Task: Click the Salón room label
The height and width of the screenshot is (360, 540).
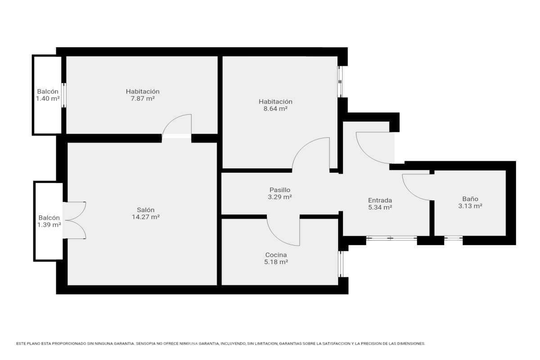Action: click(145, 210)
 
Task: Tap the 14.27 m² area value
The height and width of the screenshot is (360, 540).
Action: click(146, 217)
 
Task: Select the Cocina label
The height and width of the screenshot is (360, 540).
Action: click(276, 255)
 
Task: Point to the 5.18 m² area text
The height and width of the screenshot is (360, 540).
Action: click(276, 262)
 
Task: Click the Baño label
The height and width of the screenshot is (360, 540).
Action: click(470, 199)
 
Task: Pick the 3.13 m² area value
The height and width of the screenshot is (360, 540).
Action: click(470, 206)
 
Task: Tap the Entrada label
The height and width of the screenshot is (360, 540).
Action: click(380, 200)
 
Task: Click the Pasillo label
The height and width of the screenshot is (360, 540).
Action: click(279, 190)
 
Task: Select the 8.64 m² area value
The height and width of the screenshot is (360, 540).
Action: click(275, 109)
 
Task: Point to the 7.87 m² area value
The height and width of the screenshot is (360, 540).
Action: click(143, 99)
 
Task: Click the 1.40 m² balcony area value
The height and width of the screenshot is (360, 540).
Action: click(48, 99)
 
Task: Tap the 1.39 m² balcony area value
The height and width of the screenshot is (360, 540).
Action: click(49, 225)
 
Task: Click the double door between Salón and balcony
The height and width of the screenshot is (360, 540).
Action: click(75, 220)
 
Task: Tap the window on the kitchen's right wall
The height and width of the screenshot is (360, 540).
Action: click(341, 264)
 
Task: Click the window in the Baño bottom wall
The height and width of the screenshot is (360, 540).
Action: click(453, 238)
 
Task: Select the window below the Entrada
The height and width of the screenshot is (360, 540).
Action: click(391, 238)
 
